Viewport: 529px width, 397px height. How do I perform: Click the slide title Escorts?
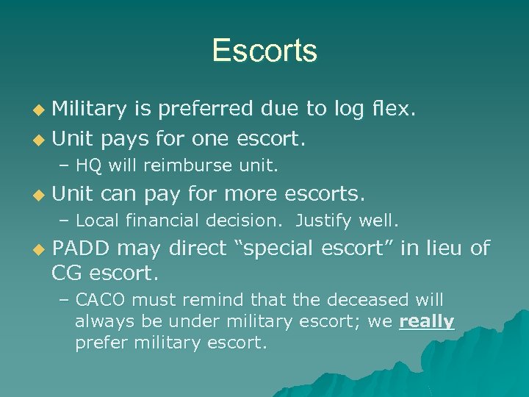pyautogui.click(x=264, y=51)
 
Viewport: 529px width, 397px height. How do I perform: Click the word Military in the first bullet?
pyautogui.click(x=91, y=110)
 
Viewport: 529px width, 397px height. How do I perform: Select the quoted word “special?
pyautogui.click(x=278, y=248)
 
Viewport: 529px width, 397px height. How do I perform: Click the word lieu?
pyautogui.click(x=442, y=248)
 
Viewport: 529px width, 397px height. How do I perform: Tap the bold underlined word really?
pyautogui.click(x=427, y=321)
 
